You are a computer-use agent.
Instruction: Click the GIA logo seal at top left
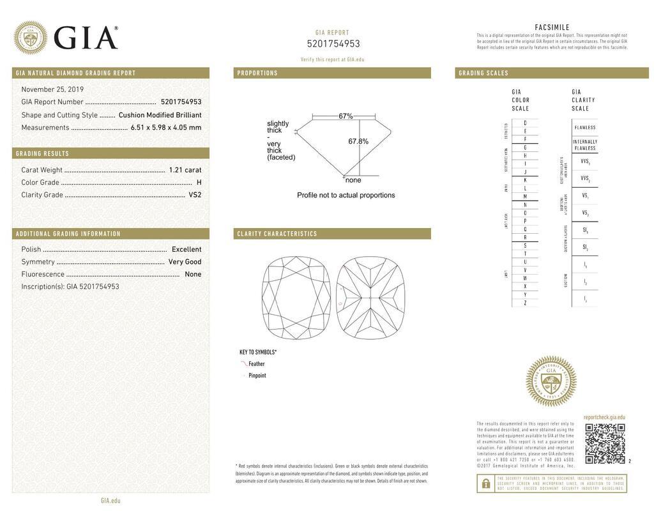[30, 38]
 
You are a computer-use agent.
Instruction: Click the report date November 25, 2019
[52, 89]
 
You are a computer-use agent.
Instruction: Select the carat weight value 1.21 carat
[185, 170]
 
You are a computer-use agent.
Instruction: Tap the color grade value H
[199, 183]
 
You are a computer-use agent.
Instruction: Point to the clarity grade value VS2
[195, 195]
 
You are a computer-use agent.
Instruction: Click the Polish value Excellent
[186, 250]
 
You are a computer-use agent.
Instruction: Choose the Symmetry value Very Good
[185, 262]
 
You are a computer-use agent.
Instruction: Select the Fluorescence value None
[193, 274]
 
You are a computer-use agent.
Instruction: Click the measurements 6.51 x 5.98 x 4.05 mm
[165, 128]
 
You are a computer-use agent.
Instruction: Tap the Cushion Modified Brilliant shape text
[160, 115]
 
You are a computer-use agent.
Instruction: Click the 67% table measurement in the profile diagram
[346, 116]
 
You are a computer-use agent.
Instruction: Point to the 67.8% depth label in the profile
[358, 141]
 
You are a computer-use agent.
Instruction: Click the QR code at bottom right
[605, 443]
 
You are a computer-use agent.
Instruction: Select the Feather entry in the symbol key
[256, 364]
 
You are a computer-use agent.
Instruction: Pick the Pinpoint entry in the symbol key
[257, 376]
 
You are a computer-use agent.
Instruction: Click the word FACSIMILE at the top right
[552, 27]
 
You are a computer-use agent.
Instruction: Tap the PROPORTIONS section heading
[257, 73]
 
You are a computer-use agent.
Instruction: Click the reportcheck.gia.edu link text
[604, 417]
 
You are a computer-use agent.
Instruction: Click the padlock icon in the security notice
[485, 484]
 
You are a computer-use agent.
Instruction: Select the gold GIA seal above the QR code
[551, 381]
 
